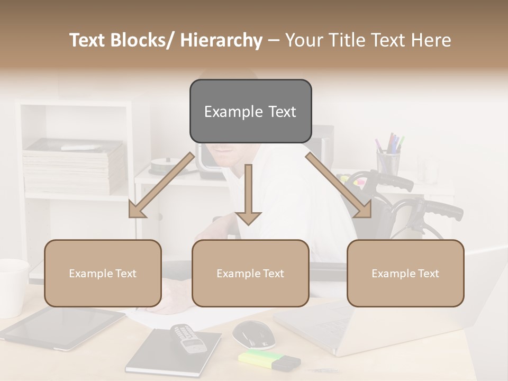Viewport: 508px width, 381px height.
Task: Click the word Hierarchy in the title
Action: pyautogui.click(x=221, y=40)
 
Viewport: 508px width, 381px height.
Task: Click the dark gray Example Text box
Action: pyautogui.click(x=250, y=112)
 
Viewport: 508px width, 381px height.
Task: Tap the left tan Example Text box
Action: pyautogui.click(x=103, y=274)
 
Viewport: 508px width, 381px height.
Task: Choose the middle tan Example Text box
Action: pyautogui.click(x=250, y=274)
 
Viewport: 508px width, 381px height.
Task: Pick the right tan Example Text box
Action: pyautogui.click(x=405, y=274)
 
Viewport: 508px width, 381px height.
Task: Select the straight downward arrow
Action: pyautogui.click(x=248, y=196)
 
